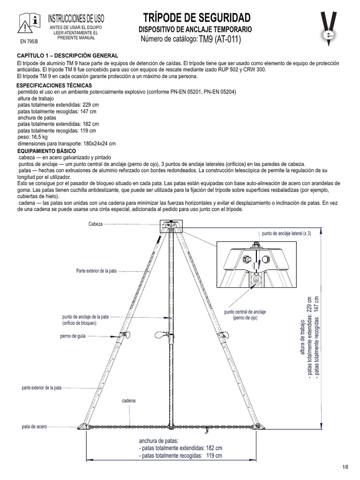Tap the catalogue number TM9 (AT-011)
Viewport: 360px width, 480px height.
[x=220, y=40]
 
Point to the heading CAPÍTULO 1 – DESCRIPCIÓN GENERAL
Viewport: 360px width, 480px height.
[x=64, y=56]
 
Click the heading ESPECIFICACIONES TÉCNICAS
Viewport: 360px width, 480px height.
[x=57, y=86]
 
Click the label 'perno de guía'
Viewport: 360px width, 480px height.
[x=72, y=336]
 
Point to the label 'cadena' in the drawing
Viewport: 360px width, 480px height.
[x=129, y=401]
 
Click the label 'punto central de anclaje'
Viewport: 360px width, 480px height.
[x=245, y=312]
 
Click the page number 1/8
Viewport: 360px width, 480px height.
[x=346, y=467]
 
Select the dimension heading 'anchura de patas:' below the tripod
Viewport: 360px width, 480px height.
[x=159, y=442]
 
